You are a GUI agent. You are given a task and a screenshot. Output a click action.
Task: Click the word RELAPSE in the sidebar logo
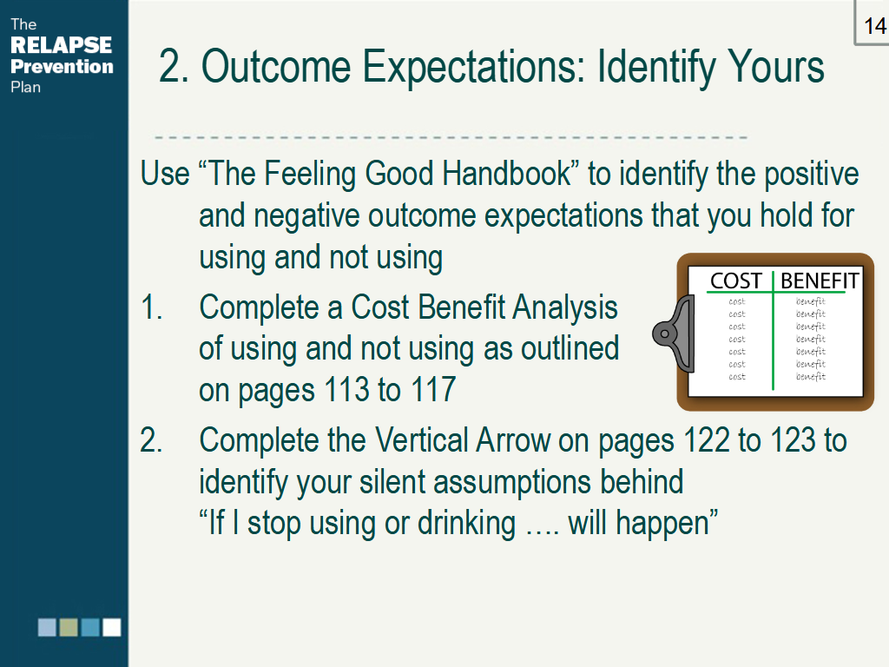pyautogui.click(x=62, y=45)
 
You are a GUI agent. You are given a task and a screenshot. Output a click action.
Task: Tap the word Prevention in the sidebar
pyautogui.click(x=62, y=66)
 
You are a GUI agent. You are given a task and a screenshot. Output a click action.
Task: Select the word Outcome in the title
pyautogui.click(x=276, y=67)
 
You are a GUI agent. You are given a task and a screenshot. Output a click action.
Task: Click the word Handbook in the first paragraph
pyautogui.click(x=506, y=173)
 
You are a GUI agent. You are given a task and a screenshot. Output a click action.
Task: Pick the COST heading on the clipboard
pyautogui.click(x=735, y=281)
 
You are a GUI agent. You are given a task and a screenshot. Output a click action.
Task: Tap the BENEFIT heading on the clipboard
pyautogui.click(x=820, y=281)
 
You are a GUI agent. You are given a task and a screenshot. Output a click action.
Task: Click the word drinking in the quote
pyautogui.click(x=466, y=523)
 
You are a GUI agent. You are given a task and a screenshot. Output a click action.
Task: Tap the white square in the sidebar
pyautogui.click(x=112, y=627)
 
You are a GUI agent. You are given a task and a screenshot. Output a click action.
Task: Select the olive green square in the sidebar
pyautogui.click(x=69, y=627)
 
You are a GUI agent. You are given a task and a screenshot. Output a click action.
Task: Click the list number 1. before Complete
pyautogui.click(x=151, y=307)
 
